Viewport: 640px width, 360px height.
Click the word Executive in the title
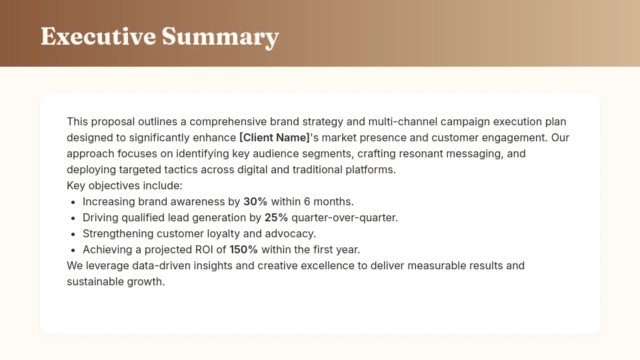click(x=98, y=36)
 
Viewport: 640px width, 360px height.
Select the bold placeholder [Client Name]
click(x=275, y=138)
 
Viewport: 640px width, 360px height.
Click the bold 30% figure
click(x=255, y=201)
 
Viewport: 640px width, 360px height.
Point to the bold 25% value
click(x=276, y=217)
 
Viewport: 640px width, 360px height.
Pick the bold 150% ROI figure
click(x=243, y=250)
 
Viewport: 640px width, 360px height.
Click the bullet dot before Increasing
click(x=73, y=202)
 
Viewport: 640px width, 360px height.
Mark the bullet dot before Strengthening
click(x=73, y=234)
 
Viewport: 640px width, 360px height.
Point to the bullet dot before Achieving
click(x=73, y=250)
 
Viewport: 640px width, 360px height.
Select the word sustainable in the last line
click(x=94, y=282)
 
